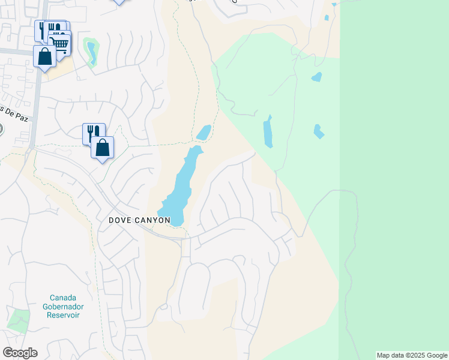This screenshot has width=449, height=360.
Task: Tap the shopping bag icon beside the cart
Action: coord(44,57)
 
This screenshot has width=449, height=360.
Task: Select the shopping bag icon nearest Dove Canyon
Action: coord(103,147)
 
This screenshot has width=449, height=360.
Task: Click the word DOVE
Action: coord(122,220)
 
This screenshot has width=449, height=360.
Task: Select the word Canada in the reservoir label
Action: coord(67,298)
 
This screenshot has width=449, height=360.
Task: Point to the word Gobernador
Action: coord(67,307)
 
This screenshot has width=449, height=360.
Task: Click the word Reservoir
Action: coord(67,316)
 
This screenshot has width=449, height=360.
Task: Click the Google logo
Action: coord(20,353)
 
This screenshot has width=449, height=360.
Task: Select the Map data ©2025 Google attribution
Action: coord(412,355)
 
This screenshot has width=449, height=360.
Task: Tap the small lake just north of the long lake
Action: coord(203,132)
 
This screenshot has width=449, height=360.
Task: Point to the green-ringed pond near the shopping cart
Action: coord(91,52)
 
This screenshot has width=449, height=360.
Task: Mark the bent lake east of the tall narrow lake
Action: coord(318,131)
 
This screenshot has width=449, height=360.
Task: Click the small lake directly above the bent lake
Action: coord(316,77)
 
